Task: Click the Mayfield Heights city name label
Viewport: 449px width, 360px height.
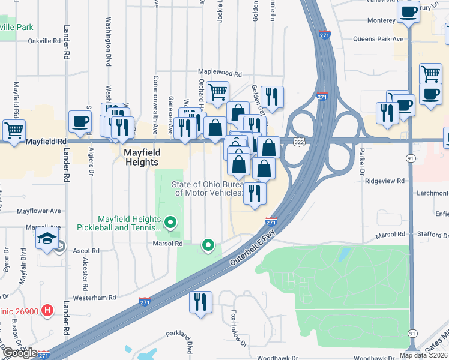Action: (x=141, y=157)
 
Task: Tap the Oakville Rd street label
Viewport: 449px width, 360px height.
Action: (x=45, y=41)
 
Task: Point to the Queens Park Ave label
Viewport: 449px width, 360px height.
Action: (x=379, y=39)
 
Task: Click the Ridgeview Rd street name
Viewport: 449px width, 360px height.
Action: (x=384, y=180)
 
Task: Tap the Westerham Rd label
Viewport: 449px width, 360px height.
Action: (x=94, y=298)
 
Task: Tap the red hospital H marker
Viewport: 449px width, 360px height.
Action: (x=49, y=311)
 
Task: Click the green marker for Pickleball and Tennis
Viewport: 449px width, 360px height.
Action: (x=170, y=223)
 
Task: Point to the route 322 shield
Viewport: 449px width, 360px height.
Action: (x=299, y=141)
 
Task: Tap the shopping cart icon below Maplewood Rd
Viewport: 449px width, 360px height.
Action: (x=217, y=92)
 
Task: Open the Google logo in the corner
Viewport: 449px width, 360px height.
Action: (x=19, y=353)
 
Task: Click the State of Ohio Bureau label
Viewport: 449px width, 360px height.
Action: (x=208, y=188)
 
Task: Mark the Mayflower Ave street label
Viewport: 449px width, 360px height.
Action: (x=39, y=211)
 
